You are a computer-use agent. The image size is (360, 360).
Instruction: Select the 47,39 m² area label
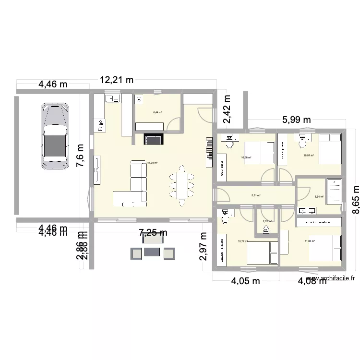pos(152,163)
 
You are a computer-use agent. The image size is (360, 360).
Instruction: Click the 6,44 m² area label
pos(157,113)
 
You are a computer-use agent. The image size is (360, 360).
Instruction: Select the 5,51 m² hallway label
pos(255,195)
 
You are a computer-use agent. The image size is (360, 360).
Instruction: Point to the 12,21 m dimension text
pos(117,80)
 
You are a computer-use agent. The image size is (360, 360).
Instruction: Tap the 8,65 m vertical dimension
pos(354,197)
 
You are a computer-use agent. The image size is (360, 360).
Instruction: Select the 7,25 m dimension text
pos(153,233)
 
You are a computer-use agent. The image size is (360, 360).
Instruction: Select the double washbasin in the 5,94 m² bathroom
pos(307,210)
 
